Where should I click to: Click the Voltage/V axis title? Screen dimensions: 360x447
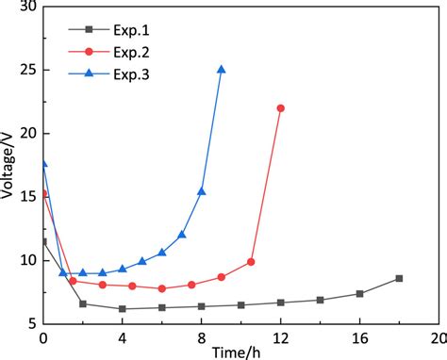click(x=10, y=165)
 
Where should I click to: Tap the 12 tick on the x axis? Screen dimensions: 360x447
click(x=280, y=335)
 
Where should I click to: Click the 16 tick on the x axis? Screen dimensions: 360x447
click(x=359, y=335)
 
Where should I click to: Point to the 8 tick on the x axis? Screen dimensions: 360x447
click(x=201, y=335)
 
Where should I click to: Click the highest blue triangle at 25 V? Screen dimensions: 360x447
click(x=221, y=70)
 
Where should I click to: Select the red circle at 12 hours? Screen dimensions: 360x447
click(x=280, y=108)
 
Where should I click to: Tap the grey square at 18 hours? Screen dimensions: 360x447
click(x=399, y=278)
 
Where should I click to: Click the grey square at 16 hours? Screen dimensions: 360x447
click(x=359, y=294)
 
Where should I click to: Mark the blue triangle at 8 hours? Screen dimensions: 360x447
click(x=201, y=191)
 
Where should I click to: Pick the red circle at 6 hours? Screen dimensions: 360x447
click(x=161, y=288)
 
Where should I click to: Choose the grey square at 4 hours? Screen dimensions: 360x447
click(x=122, y=308)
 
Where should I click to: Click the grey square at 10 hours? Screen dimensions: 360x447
click(x=240, y=305)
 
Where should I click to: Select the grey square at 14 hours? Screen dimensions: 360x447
click(x=320, y=300)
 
